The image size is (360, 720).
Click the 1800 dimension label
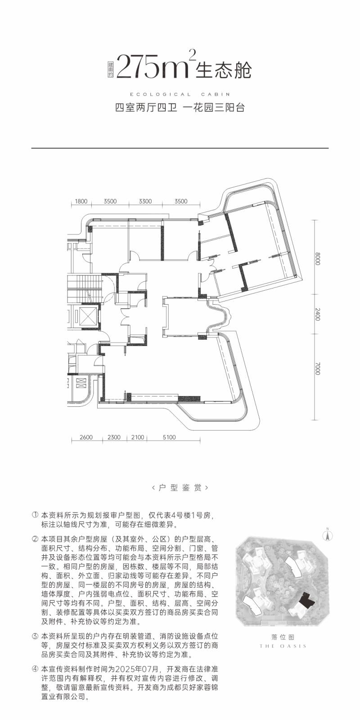coord(81,201)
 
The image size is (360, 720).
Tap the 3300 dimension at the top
coord(145,201)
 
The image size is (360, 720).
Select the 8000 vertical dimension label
coord(318,259)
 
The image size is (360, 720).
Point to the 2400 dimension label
coord(318,314)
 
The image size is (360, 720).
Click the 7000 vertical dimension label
coord(318,369)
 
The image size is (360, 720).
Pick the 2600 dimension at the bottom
coord(86,437)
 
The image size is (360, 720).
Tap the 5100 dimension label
coord(169,437)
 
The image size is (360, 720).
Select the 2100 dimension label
coord(138,437)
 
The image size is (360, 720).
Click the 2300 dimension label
coord(114,437)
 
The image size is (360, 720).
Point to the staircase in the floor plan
coord(84,288)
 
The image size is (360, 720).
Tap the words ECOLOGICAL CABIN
coord(180,94)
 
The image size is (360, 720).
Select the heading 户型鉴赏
coord(180,487)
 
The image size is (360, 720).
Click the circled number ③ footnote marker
coord(35,636)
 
